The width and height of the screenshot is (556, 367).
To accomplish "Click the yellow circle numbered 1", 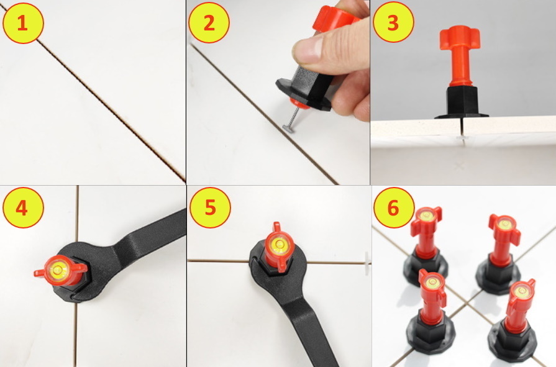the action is coord(23,23).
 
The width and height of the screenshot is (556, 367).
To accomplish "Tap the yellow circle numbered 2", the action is coord(209,23).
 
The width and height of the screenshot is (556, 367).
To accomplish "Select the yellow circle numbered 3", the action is coord(393,22).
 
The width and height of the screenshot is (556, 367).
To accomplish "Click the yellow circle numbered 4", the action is coord(23,207).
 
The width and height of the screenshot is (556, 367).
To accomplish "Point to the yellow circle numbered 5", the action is coord(210,208).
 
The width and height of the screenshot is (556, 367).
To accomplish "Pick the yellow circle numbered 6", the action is coord(394,208).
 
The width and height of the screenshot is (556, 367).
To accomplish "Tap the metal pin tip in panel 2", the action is coord(286,127).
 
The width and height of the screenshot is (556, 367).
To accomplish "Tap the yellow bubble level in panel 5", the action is coord(280,244).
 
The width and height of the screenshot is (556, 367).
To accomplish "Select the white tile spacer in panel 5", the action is coord(367,263).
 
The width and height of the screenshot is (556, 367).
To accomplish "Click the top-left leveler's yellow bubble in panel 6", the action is coord(426,215).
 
